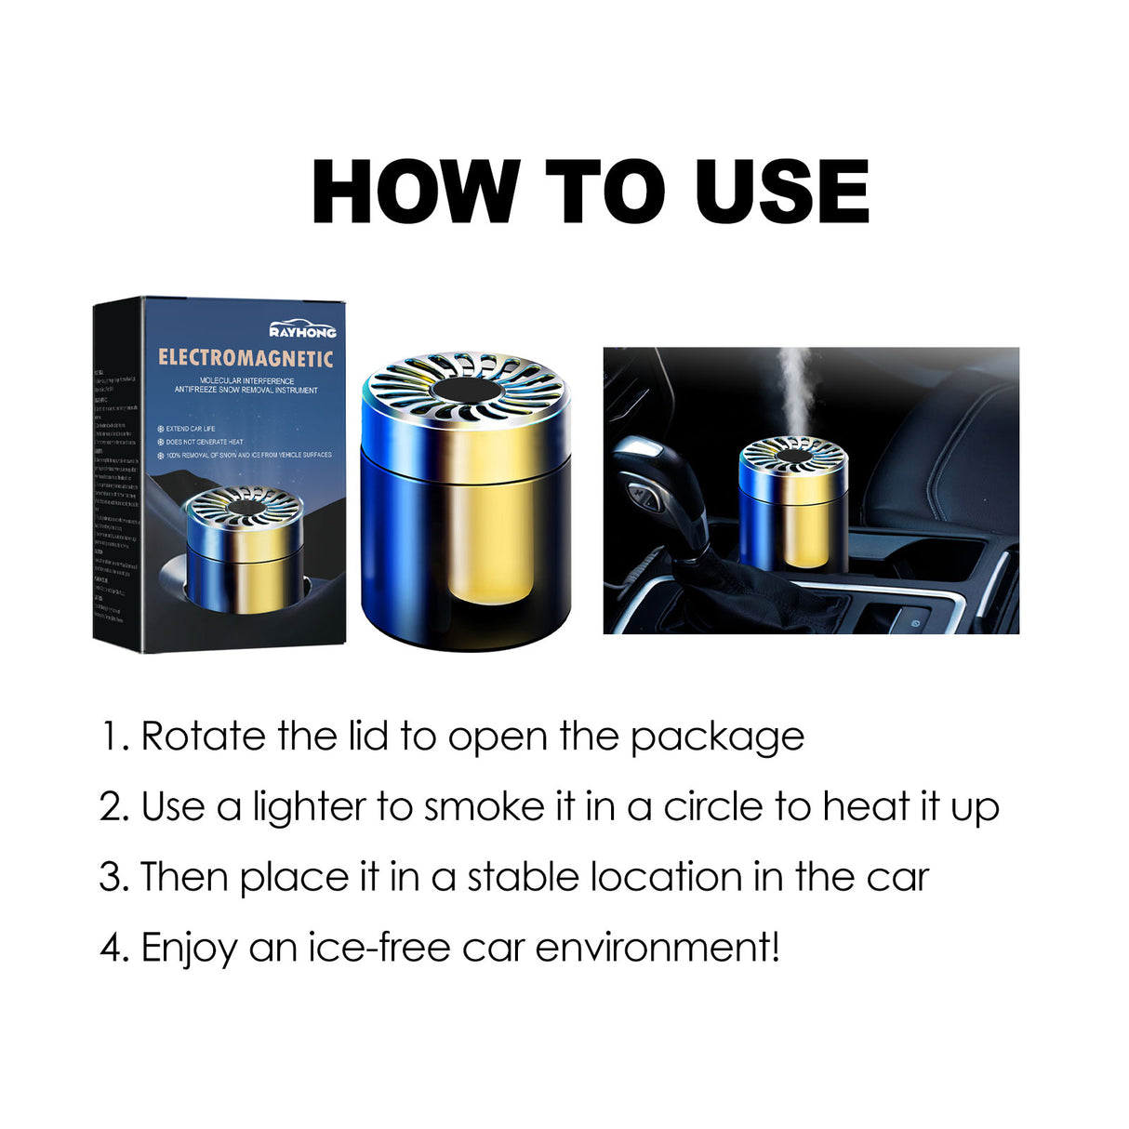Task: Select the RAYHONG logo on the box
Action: (x=302, y=331)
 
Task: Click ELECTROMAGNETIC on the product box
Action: (x=246, y=358)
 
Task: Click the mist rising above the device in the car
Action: (x=792, y=391)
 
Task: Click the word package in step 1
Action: (x=717, y=738)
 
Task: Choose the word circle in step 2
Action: (x=712, y=806)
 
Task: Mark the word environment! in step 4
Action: (x=657, y=948)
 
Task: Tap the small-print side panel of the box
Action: (x=117, y=474)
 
